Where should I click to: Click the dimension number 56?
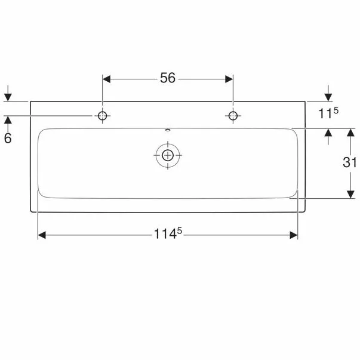coord(168,78)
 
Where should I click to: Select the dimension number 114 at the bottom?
coord(165,234)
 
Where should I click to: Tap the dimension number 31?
coord(349,162)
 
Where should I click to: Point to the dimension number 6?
coord(8,139)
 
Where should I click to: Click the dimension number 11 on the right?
coord(325,113)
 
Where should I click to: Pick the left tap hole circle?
coord(103,116)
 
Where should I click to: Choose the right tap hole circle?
coord(233,116)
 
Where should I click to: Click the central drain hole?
coord(168,155)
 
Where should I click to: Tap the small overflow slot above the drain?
coord(168,130)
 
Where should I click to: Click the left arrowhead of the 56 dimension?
coord(106,79)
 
